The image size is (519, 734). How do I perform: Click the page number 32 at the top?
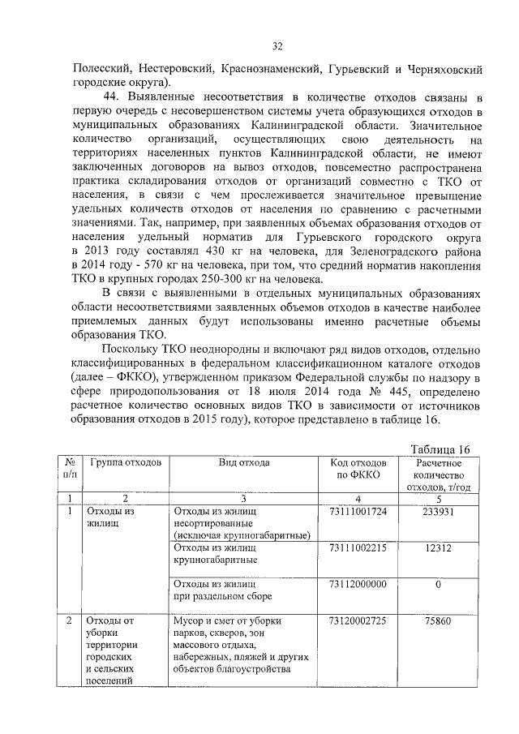[x=277, y=46]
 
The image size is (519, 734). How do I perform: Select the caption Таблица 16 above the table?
[x=440, y=449]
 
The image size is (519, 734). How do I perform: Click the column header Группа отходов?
[x=126, y=462]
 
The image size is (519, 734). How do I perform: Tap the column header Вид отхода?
[x=244, y=462]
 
